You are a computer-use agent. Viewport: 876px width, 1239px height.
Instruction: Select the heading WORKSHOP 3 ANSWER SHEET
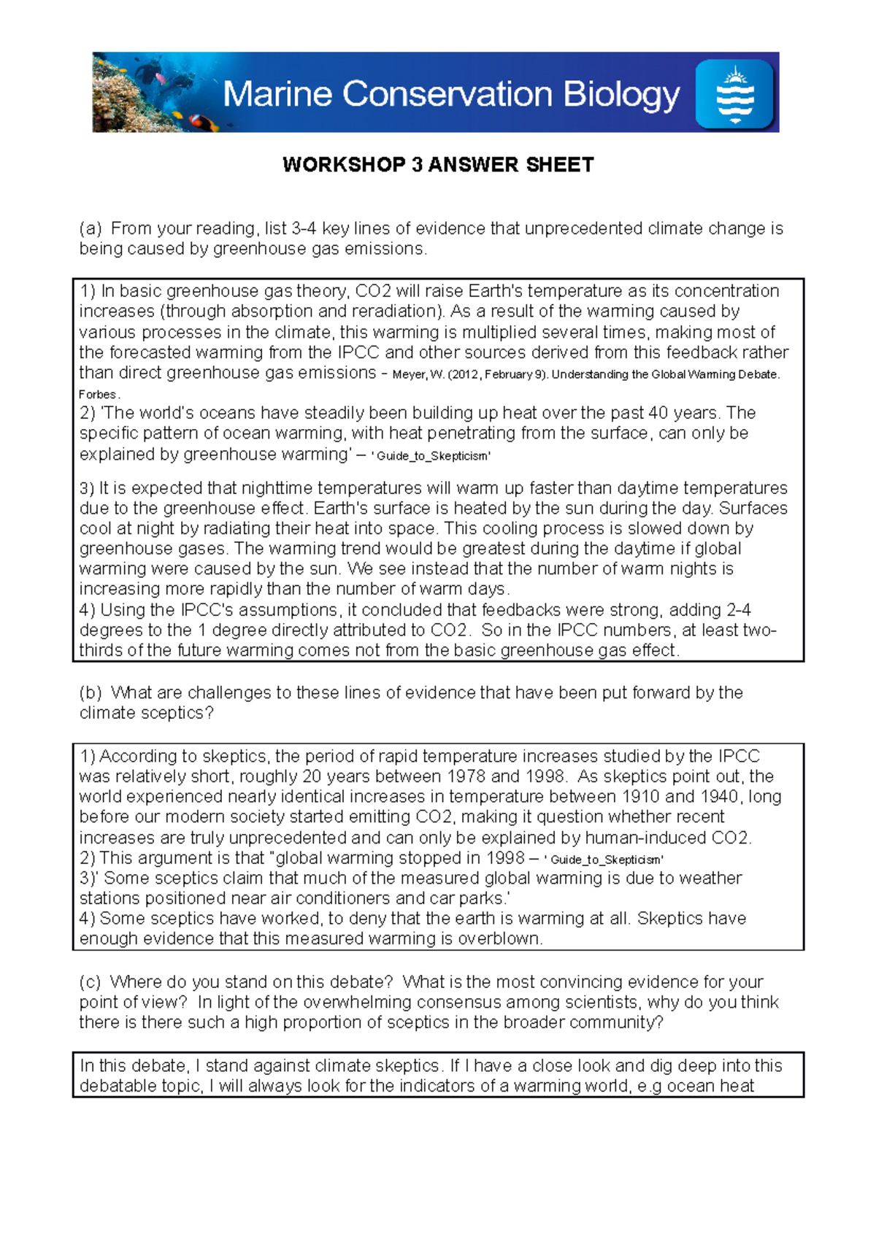pos(438,165)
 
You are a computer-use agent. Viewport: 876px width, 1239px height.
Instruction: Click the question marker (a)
pos(91,229)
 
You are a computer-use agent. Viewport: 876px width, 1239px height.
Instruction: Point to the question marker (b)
pos(91,692)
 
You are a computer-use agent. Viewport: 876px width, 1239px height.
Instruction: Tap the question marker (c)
pos(91,982)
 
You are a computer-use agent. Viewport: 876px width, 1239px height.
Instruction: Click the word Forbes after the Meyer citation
pos(96,395)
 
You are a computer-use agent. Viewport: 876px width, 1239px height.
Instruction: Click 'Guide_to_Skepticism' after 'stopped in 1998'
pos(606,860)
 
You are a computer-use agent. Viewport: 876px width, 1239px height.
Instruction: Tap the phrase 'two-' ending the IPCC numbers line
pos(759,630)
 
